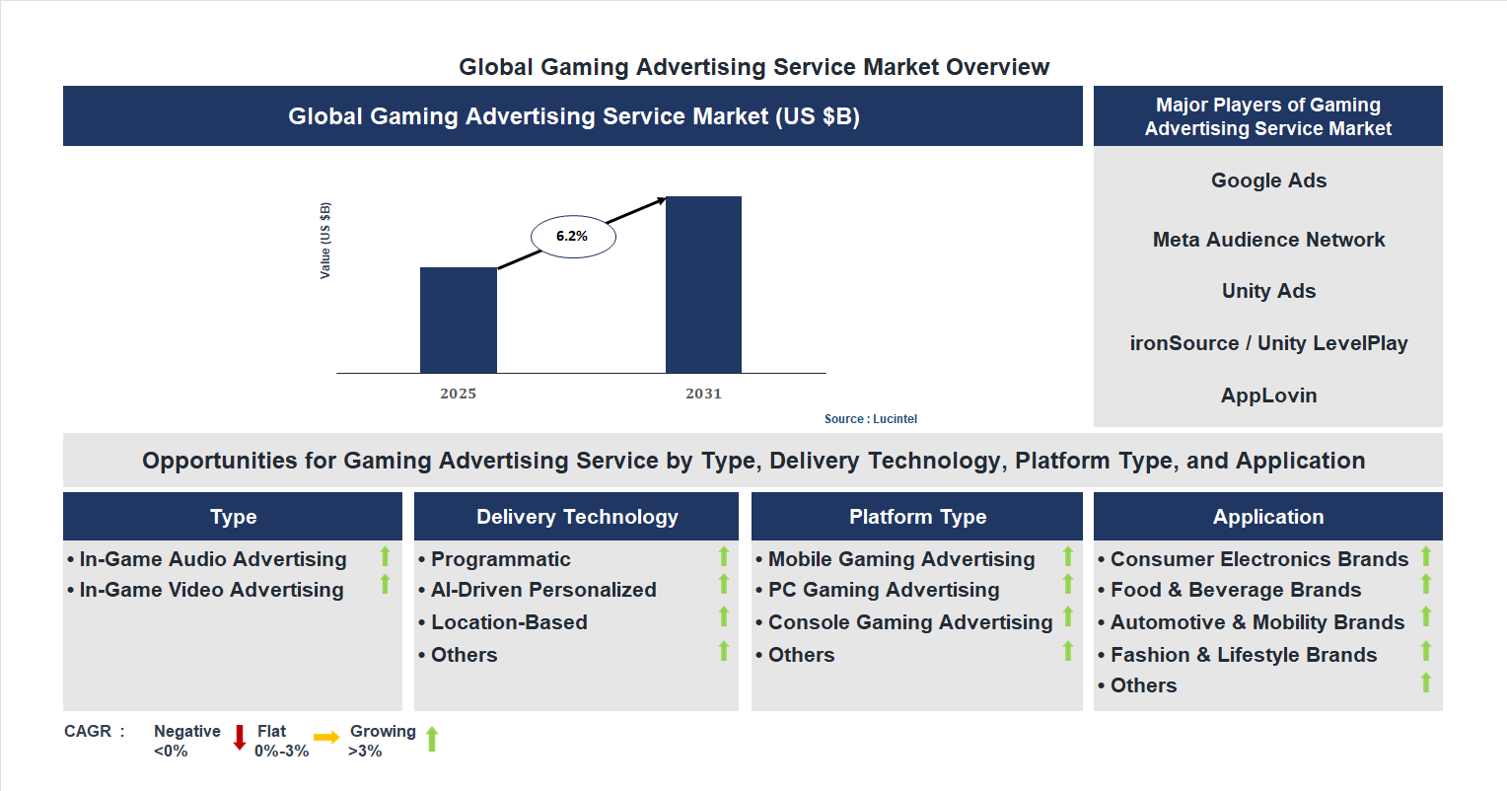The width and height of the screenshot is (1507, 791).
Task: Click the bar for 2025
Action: click(458, 321)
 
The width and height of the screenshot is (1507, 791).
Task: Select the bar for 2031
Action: click(703, 285)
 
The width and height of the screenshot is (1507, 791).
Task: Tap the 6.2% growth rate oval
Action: click(573, 237)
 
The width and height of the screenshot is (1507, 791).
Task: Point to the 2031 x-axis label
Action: click(703, 394)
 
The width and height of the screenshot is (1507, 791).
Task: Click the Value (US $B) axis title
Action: click(325, 241)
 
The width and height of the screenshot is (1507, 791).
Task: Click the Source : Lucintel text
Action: click(870, 419)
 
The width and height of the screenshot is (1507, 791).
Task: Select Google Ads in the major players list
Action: click(1268, 180)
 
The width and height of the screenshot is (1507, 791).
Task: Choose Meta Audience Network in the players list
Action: click(1268, 240)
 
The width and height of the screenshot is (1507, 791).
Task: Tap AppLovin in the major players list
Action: click(1268, 395)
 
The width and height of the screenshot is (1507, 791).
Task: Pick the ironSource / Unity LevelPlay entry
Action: click(1268, 343)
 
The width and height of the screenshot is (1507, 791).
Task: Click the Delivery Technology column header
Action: click(577, 517)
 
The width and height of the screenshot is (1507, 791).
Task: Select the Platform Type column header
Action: click(917, 517)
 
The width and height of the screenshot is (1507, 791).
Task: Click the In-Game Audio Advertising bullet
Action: click(213, 559)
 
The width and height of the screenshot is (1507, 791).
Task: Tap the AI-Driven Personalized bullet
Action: click(543, 590)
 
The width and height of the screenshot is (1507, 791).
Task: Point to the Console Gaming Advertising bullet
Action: click(910, 622)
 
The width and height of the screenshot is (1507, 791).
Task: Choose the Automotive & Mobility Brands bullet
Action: click(1257, 622)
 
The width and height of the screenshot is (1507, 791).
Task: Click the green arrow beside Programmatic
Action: click(723, 556)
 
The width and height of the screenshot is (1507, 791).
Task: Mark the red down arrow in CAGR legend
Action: click(239, 738)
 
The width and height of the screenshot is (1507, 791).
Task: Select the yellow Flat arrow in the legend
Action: click(326, 738)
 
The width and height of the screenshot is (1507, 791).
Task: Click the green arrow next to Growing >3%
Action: click(432, 740)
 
